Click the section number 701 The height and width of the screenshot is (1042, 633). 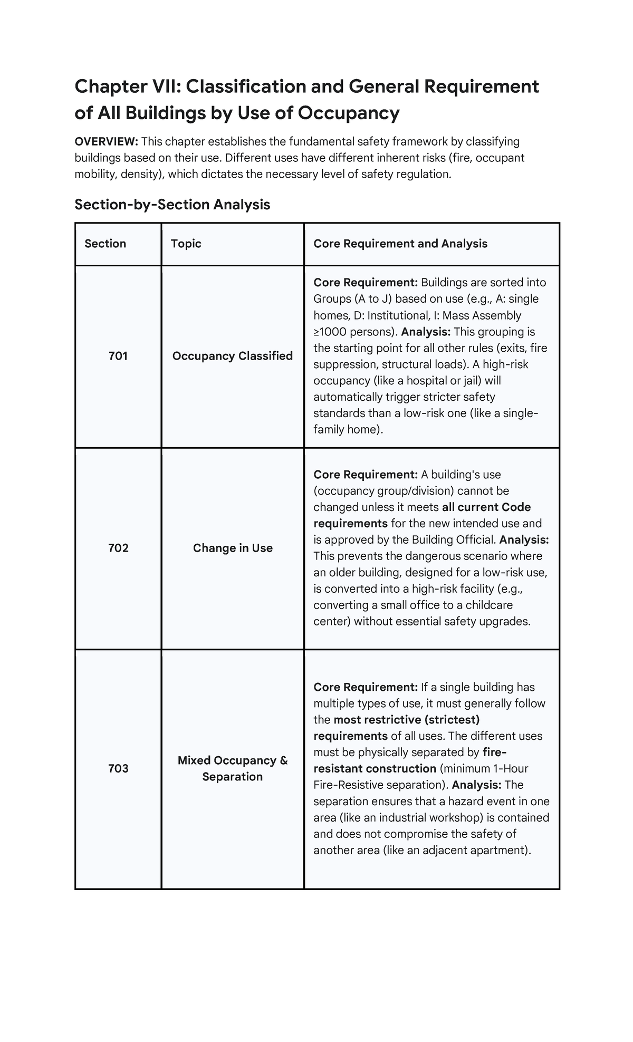(x=118, y=356)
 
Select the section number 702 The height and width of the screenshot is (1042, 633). (x=118, y=548)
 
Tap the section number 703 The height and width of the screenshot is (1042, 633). (x=118, y=768)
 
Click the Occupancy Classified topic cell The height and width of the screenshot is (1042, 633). (x=232, y=356)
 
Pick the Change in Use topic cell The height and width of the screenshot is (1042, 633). (x=232, y=548)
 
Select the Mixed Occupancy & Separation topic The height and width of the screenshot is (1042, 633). (x=232, y=768)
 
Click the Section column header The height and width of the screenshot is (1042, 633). (x=105, y=244)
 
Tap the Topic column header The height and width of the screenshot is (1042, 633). (x=186, y=244)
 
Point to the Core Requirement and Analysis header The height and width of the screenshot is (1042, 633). (x=400, y=244)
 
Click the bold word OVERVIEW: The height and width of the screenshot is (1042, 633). (x=106, y=141)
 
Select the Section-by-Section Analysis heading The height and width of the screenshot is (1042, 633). (x=172, y=204)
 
